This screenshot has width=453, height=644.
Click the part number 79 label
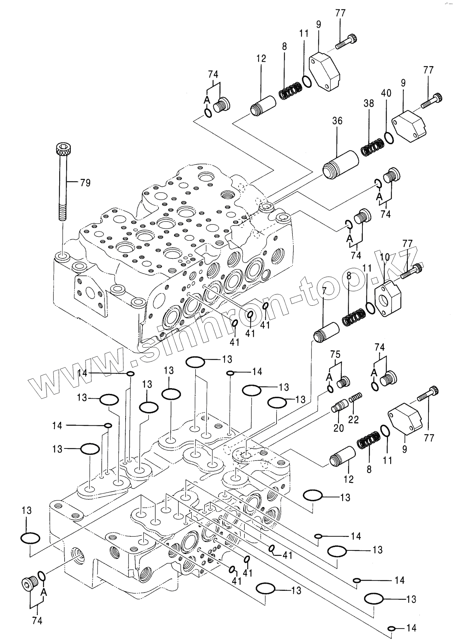[x=85, y=183]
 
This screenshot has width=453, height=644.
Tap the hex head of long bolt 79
[x=62, y=149]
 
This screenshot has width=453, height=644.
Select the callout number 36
[x=337, y=120]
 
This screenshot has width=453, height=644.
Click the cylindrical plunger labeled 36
[x=340, y=166]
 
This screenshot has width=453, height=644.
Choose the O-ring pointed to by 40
[x=388, y=138]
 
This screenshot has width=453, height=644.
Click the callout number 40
[x=386, y=93]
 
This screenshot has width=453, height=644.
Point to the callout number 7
[x=324, y=289]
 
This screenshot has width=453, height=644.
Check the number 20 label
[x=339, y=428]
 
